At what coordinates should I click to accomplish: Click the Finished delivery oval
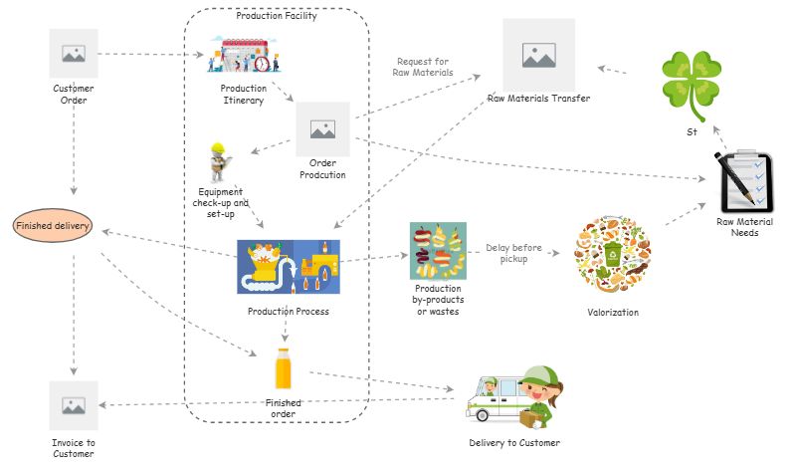click(x=53, y=226)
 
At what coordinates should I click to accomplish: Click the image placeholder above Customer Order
click(x=74, y=54)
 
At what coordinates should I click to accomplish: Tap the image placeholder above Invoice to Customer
click(x=74, y=405)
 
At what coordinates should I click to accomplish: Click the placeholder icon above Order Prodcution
click(x=322, y=128)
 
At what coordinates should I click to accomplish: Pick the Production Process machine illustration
click(x=288, y=267)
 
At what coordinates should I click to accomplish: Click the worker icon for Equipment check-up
click(x=220, y=161)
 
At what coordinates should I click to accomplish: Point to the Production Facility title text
click(x=277, y=16)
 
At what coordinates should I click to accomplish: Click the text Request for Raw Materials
click(x=424, y=67)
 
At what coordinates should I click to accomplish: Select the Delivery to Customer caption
click(x=514, y=443)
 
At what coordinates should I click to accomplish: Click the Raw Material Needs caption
click(x=744, y=226)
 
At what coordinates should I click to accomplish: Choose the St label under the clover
click(x=692, y=131)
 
